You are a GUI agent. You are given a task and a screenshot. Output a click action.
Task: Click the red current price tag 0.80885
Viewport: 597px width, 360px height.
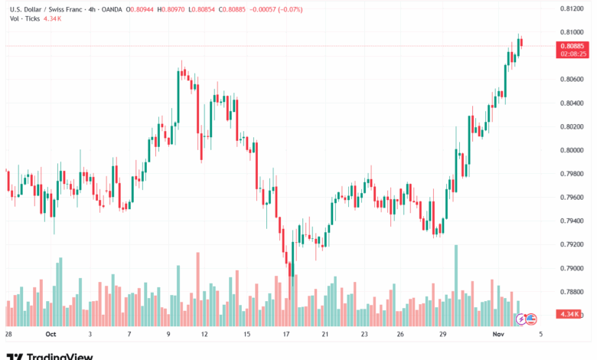[572, 46]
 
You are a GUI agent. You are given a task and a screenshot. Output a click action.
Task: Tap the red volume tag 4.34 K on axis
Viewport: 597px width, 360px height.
[569, 315]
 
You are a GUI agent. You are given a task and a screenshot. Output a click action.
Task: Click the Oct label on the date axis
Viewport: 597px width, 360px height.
[51, 335]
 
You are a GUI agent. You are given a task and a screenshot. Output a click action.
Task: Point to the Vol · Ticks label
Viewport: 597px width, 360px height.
[25, 18]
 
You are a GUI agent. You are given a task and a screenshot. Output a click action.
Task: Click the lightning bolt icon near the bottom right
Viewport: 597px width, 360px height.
[522, 319]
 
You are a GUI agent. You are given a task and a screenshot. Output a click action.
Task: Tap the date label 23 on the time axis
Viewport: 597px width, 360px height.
[364, 335]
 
